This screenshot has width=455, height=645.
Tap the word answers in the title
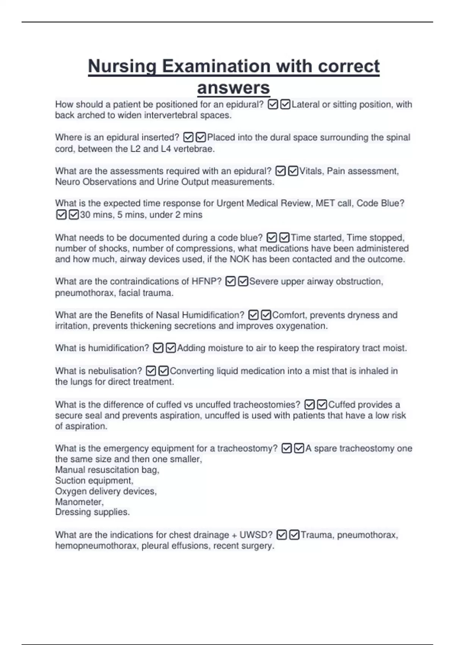(x=233, y=88)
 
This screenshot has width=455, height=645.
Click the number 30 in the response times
(x=85, y=215)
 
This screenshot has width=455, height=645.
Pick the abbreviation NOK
(x=240, y=259)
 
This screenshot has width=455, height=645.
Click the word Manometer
(x=79, y=502)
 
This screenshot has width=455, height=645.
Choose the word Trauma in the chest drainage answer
(x=317, y=535)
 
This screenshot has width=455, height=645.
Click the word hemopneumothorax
(x=96, y=546)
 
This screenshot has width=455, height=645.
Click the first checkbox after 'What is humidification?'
(x=158, y=348)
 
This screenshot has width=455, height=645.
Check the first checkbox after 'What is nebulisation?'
(x=151, y=371)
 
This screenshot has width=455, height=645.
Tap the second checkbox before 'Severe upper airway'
(x=243, y=282)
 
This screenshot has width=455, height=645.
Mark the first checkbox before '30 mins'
(x=61, y=215)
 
